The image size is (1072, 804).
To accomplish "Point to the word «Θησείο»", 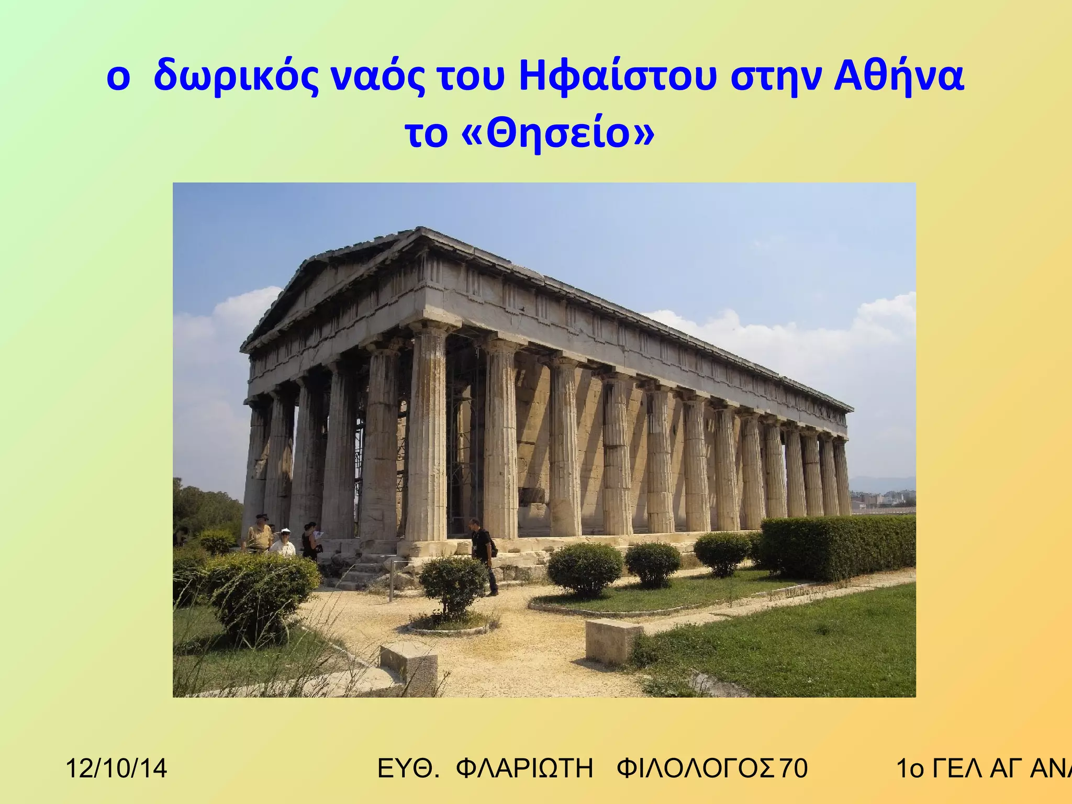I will point(558,134).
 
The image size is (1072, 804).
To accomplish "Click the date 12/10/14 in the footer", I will point(116,768).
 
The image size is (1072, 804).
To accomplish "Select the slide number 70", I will point(794,768).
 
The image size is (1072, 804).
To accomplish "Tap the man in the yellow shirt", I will point(259,534).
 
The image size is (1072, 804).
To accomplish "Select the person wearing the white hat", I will point(284,543).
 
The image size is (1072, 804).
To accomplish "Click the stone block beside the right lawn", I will point(612,642).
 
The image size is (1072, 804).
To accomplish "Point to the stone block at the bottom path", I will point(409,667).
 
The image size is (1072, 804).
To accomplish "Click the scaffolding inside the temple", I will point(461,440).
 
